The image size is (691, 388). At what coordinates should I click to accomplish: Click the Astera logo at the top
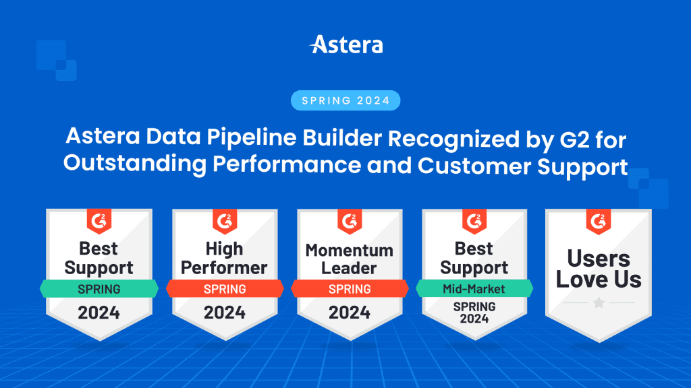pyautogui.click(x=345, y=46)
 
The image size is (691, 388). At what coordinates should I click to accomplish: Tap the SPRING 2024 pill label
pyautogui.click(x=345, y=101)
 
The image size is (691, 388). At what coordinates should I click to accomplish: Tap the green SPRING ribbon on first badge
pyautogui.click(x=99, y=289)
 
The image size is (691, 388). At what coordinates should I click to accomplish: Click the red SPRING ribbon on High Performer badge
pyautogui.click(x=224, y=289)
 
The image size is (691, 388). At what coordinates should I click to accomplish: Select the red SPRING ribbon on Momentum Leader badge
pyautogui.click(x=350, y=289)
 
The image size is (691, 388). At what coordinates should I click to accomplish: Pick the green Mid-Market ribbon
pyautogui.click(x=474, y=289)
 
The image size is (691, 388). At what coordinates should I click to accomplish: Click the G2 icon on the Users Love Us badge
pyautogui.click(x=599, y=220)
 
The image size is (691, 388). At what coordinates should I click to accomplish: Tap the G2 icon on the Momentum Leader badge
pyautogui.click(x=350, y=220)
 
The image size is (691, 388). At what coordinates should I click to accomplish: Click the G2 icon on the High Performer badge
pyautogui.click(x=224, y=220)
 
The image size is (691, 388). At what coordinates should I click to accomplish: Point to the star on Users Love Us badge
pyautogui.click(x=599, y=304)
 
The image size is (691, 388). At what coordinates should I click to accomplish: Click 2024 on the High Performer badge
pyautogui.click(x=224, y=313)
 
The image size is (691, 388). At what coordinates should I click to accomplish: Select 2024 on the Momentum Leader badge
pyautogui.click(x=350, y=313)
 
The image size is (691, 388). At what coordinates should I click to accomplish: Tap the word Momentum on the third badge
pyautogui.click(x=350, y=251)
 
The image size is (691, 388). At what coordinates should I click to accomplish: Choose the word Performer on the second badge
pyautogui.click(x=224, y=268)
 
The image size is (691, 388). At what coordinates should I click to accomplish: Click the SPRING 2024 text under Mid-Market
pyautogui.click(x=474, y=313)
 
